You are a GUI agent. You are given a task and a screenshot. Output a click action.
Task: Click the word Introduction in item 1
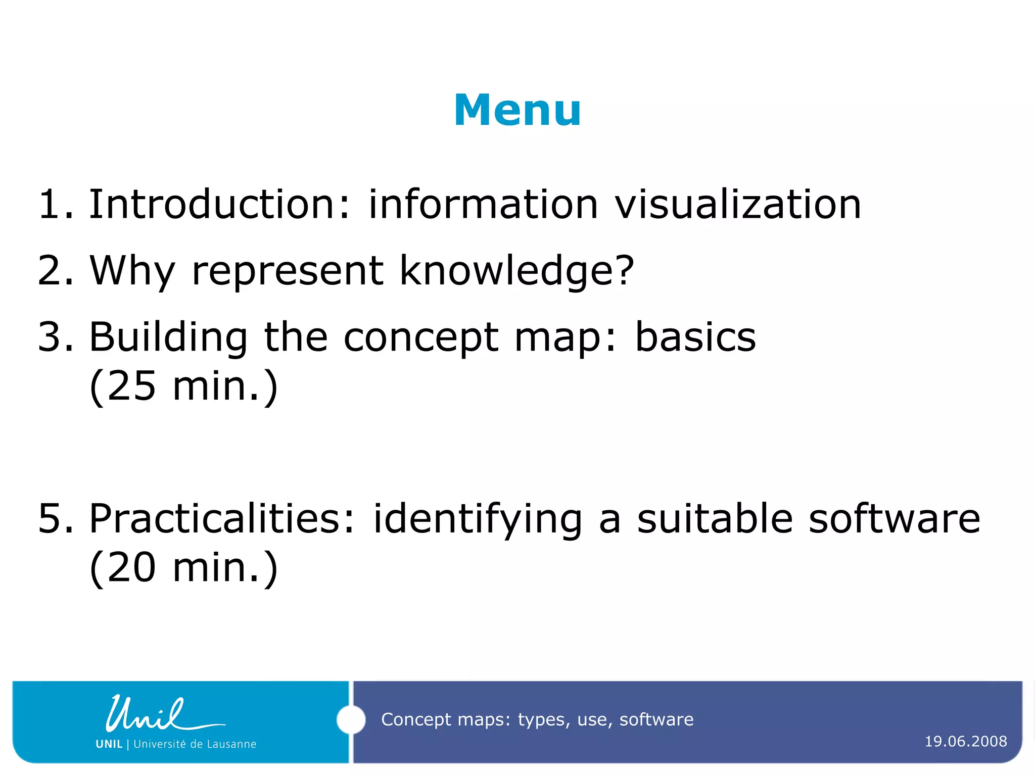tap(211, 204)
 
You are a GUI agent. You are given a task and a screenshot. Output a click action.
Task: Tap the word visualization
tap(738, 204)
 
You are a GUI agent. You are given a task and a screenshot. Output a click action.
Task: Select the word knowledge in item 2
tap(515, 271)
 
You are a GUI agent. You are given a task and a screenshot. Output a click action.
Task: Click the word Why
tap(132, 272)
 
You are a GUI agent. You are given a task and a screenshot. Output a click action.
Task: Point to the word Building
tap(168, 337)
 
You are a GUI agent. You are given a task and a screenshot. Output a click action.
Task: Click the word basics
tap(695, 337)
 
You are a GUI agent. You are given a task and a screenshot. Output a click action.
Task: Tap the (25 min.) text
tap(183, 386)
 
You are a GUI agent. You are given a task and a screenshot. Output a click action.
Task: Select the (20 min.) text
tap(183, 568)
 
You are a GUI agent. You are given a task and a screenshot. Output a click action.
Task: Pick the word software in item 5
tap(895, 519)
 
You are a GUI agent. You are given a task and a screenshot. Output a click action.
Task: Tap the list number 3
tap(55, 337)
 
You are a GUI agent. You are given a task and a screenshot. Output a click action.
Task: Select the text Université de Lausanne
tap(195, 744)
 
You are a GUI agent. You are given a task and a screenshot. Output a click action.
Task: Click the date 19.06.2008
tap(966, 741)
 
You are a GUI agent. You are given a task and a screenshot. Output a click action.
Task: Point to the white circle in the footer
tap(351, 719)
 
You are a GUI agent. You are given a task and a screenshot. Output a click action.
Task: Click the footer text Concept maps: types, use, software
tap(537, 719)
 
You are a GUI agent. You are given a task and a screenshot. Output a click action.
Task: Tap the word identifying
tap(478, 519)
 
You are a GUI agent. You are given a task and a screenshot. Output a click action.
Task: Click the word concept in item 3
tap(421, 337)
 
